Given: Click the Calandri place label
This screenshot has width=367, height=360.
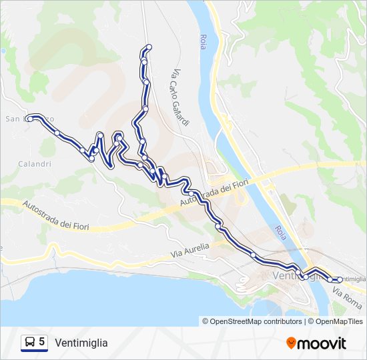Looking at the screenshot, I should pyautogui.click(x=35, y=164).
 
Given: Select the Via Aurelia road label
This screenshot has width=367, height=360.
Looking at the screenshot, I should pyautogui.click(x=190, y=250).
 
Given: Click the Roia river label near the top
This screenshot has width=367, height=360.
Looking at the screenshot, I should pyautogui.click(x=203, y=42).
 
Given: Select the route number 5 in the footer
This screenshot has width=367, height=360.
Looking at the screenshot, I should pyautogui.click(x=42, y=342).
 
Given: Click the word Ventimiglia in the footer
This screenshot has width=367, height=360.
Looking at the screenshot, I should pyautogui.click(x=81, y=343).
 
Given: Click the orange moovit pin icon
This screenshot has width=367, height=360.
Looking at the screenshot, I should pyautogui.click(x=292, y=343).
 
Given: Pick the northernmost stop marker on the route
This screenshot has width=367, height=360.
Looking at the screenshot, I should pyautogui.click(x=149, y=47).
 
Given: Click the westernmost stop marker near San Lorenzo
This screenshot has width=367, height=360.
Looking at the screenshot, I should pyautogui.click(x=30, y=119).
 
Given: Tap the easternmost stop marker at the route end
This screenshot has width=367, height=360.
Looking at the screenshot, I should pyautogui.click(x=340, y=279).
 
